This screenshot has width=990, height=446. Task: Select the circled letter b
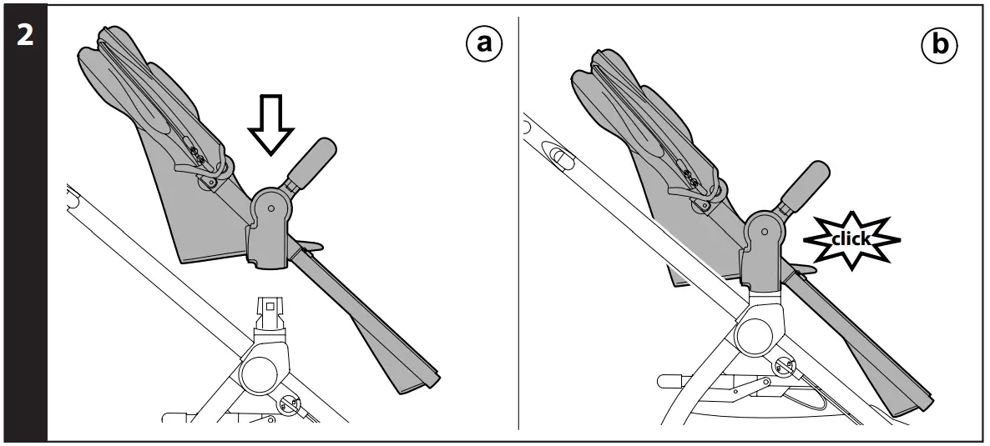941,44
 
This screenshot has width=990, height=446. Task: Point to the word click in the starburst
851,239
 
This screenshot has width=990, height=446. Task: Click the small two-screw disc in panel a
290,404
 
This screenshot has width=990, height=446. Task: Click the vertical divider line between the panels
519,225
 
